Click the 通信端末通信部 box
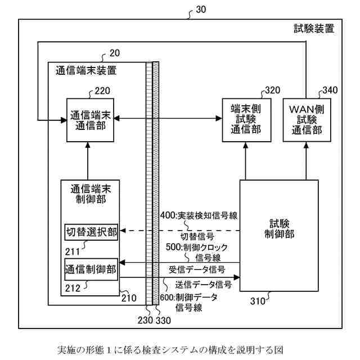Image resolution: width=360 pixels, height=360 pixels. click(87, 119)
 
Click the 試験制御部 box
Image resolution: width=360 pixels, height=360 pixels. click(279, 235)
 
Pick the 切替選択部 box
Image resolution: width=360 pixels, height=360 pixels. click(91, 232)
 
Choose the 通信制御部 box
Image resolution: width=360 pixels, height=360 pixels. click(91, 269)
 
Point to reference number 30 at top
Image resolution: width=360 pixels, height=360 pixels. click(200, 10)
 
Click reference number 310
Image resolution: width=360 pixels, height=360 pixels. click(259, 300)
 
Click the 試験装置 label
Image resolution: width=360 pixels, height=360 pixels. click(314, 29)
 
